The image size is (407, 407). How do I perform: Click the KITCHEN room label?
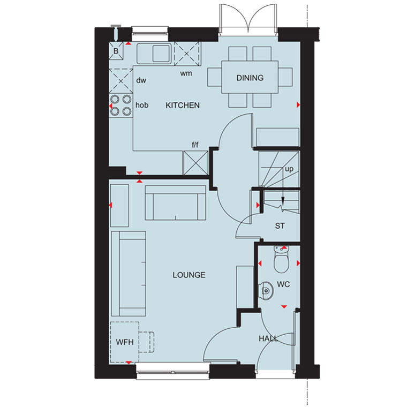pos(183,105)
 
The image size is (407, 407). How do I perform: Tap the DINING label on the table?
pos(250,78)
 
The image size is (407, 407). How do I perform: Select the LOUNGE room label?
pos(189,275)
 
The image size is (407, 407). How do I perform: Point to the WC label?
pos(283,284)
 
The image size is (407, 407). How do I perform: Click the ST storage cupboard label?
pos(280,226)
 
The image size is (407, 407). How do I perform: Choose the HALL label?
pos(268,338)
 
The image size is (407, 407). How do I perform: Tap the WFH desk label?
pos(125,342)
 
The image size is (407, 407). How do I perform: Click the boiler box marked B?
pos(116,51)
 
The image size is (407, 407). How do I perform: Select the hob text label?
pos(142,105)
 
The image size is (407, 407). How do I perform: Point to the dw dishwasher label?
pos(141,80)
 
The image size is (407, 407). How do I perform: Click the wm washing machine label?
pos(186,74)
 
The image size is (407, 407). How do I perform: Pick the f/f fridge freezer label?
pos(195,145)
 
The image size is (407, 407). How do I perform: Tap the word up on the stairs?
pos(289,169)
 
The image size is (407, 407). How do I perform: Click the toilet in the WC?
pos(281,259)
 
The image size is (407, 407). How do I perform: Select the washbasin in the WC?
pos(266,290)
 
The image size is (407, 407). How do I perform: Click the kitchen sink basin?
pos(161,54)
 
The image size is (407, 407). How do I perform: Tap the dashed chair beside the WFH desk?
pos(147,342)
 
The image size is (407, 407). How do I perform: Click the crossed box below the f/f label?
pos(195,163)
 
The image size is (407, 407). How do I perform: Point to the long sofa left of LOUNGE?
pos(129,274)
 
